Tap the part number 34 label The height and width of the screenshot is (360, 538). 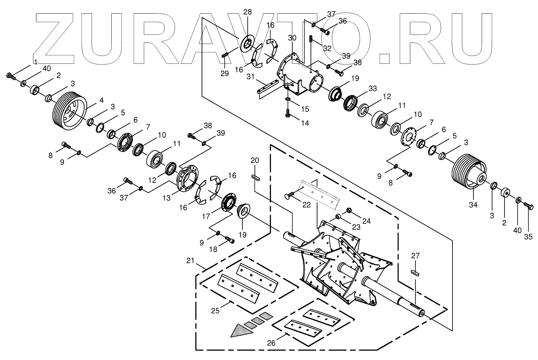(x=473, y=205)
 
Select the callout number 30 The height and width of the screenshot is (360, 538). (x=292, y=38)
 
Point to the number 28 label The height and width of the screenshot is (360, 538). (x=248, y=12)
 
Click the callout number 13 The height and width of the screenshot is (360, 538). (x=166, y=198)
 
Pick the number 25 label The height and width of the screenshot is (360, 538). (x=216, y=310)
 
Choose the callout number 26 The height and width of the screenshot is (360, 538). (x=271, y=343)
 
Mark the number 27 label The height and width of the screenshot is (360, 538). (x=416, y=256)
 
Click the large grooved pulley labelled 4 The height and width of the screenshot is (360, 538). (x=70, y=109)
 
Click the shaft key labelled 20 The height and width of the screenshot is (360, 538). (x=255, y=178)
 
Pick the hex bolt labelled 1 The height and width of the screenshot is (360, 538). (x=11, y=76)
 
